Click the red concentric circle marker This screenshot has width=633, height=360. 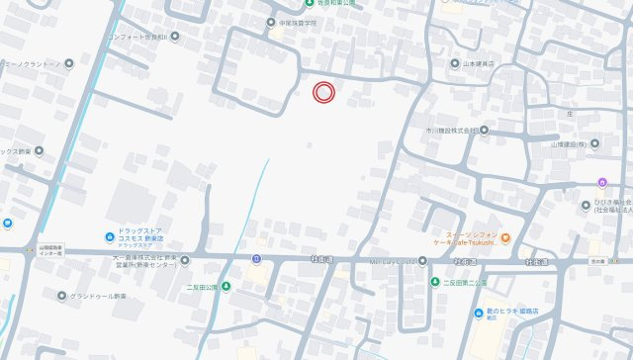(x=323, y=93)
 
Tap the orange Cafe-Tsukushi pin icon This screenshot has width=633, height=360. (x=505, y=237)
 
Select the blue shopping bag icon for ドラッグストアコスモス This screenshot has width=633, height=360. (x=109, y=236)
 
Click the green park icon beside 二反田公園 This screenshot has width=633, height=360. (x=226, y=287)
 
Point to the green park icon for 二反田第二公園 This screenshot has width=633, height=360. (x=434, y=282)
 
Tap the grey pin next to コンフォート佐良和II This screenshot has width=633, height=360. (x=175, y=37)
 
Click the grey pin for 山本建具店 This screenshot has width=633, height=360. (x=456, y=63)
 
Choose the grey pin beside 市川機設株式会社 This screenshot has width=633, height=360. (x=486, y=130)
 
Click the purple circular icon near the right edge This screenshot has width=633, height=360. (x=602, y=182)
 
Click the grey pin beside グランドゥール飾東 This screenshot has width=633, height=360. (x=61, y=296)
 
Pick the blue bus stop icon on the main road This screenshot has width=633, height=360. (x=256, y=260)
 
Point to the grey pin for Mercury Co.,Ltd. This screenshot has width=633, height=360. (x=422, y=261)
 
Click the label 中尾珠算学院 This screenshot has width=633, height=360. (x=302, y=21)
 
